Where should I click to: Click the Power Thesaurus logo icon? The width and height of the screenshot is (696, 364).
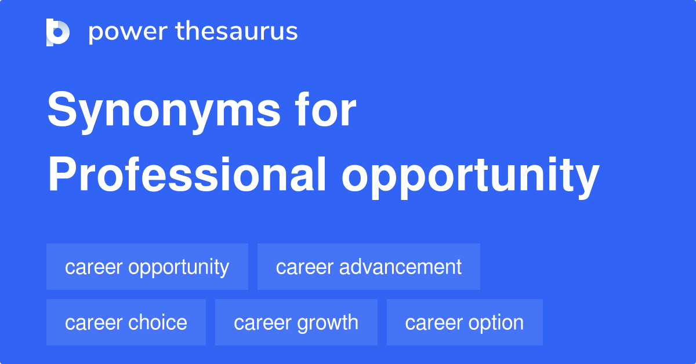pyautogui.click(x=58, y=32)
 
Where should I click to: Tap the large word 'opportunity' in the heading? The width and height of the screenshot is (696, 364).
pyautogui.click(x=470, y=177)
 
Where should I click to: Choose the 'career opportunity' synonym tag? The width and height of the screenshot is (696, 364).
pyautogui.click(x=147, y=267)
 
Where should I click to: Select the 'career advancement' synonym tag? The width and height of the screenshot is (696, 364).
pyautogui.click(x=369, y=267)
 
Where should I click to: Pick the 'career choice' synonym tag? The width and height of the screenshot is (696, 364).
pyautogui.click(x=126, y=323)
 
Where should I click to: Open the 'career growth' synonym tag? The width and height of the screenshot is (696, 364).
pyautogui.click(x=296, y=323)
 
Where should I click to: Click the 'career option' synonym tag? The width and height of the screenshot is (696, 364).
pyautogui.click(x=465, y=323)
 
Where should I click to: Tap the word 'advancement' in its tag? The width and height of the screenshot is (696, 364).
pyautogui.click(x=400, y=267)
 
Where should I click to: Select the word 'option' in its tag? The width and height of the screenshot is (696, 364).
pyautogui.click(x=496, y=323)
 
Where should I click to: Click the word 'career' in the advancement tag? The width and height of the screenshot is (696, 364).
pyautogui.click(x=303, y=267)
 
